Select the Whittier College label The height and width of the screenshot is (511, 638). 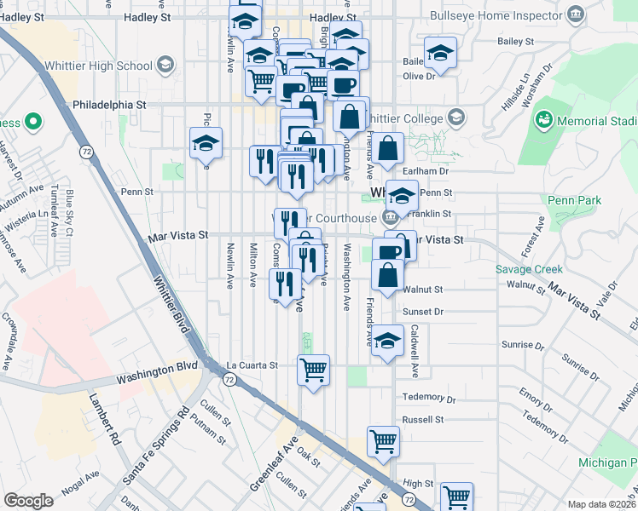pos(413,118)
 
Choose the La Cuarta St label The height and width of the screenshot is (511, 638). pos(252,365)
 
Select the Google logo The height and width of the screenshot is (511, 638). pos(28,501)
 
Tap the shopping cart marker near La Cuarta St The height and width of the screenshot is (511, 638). pos(314,370)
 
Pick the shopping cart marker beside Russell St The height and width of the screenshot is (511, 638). pos(383,441)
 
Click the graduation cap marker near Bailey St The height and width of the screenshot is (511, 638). pos(440,55)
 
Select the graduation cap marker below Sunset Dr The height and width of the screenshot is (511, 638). pos(388,342)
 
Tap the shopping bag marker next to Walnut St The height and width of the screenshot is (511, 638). pos(388,275)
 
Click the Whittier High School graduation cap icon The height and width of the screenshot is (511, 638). pos(165,66)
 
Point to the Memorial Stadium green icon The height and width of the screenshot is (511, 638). pos(544,122)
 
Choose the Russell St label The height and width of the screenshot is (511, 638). pos(423,420)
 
